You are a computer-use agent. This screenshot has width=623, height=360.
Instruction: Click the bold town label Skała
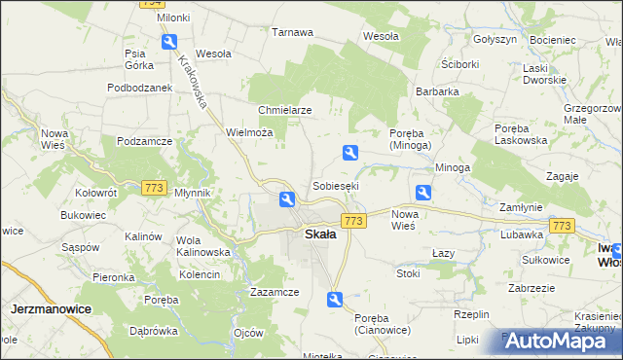(x=320, y=234)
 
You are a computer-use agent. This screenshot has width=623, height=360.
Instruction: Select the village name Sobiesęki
(x=335, y=185)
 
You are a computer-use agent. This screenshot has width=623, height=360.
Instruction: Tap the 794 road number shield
(x=150, y=4)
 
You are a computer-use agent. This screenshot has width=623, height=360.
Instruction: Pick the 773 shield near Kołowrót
(x=153, y=187)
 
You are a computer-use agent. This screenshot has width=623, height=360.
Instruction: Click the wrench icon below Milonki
(x=169, y=42)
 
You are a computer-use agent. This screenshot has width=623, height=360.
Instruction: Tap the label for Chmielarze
(x=284, y=110)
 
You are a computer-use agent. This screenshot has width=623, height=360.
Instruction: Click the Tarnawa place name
(x=292, y=32)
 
